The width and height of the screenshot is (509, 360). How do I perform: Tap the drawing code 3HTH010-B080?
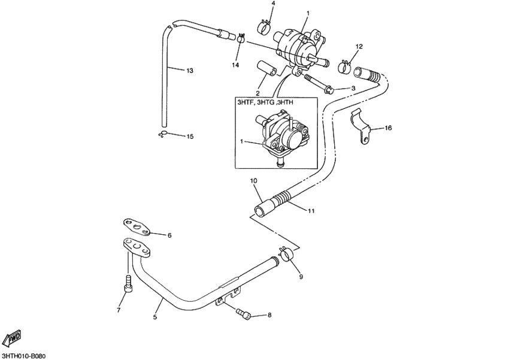pos(24,355)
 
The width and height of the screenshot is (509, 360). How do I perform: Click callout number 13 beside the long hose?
pos(189,71)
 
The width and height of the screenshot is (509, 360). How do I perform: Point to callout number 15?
pos(189,137)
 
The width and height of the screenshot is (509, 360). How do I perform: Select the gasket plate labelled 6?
pos(138,225)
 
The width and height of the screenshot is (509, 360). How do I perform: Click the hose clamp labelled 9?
pos(287,255)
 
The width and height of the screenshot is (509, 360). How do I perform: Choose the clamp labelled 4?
pos(266,26)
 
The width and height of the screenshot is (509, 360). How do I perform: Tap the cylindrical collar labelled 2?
pos(267,68)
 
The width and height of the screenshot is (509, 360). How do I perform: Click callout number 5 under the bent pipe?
pos(154,317)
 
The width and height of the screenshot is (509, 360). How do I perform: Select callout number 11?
pos(311,211)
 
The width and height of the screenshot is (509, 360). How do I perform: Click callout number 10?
pos(253,180)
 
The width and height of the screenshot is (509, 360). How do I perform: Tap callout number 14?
pos(235,65)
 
